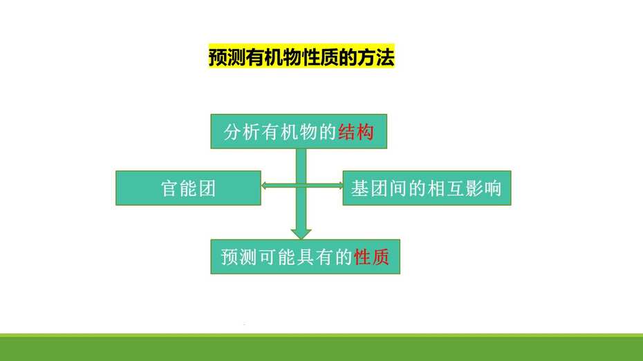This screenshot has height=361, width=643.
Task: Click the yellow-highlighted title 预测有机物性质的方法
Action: [x=301, y=57]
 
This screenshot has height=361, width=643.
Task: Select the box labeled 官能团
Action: [x=188, y=188]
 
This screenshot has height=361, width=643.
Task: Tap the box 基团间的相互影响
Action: [x=427, y=188]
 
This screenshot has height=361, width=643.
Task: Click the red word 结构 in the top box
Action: [x=356, y=132]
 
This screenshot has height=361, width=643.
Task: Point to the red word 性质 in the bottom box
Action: [x=371, y=257]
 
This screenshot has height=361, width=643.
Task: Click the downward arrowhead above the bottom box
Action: [x=301, y=234]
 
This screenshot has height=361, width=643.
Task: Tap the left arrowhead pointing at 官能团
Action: [x=265, y=186]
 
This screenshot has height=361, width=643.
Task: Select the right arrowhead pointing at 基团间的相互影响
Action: [x=339, y=186]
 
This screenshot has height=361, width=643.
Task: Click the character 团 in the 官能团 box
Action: [x=207, y=188]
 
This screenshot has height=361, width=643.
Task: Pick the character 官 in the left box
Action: [x=169, y=188]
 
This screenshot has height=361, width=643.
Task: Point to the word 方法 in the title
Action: [x=375, y=57]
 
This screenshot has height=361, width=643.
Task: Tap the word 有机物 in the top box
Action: [x=290, y=132]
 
